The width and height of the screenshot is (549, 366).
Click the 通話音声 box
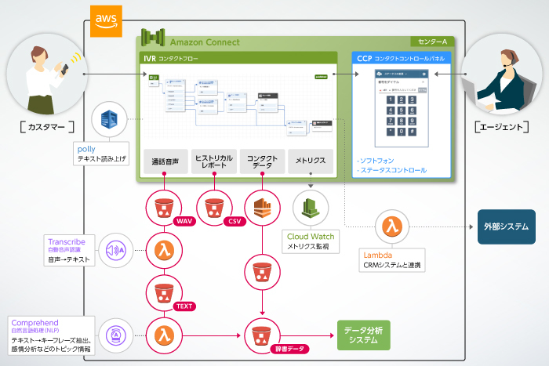165,163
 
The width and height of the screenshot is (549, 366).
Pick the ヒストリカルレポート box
213,163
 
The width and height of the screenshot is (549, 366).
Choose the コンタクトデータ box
262,163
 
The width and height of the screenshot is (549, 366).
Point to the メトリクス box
311,163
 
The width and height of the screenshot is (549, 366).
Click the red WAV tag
185,222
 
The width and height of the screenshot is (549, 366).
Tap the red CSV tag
233,222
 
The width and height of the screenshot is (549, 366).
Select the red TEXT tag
186,306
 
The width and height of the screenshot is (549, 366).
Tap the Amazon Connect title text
205,42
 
